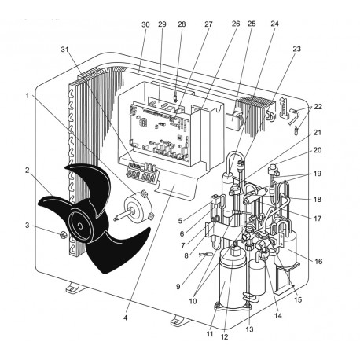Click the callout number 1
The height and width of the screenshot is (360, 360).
(x=28, y=97)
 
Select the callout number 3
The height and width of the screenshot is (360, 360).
(x=28, y=226)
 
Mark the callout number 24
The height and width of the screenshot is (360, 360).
(x=274, y=24)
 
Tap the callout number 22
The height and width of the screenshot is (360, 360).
(x=318, y=106)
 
